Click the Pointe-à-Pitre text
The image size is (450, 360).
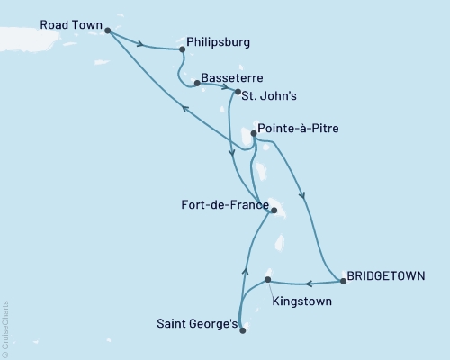coord(303,129)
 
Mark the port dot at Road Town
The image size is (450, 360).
coord(108,31)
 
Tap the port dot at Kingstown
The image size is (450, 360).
coord(267,280)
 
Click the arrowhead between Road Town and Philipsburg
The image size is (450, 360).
coord(140,41)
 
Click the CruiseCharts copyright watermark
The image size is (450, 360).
coord(5,328)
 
